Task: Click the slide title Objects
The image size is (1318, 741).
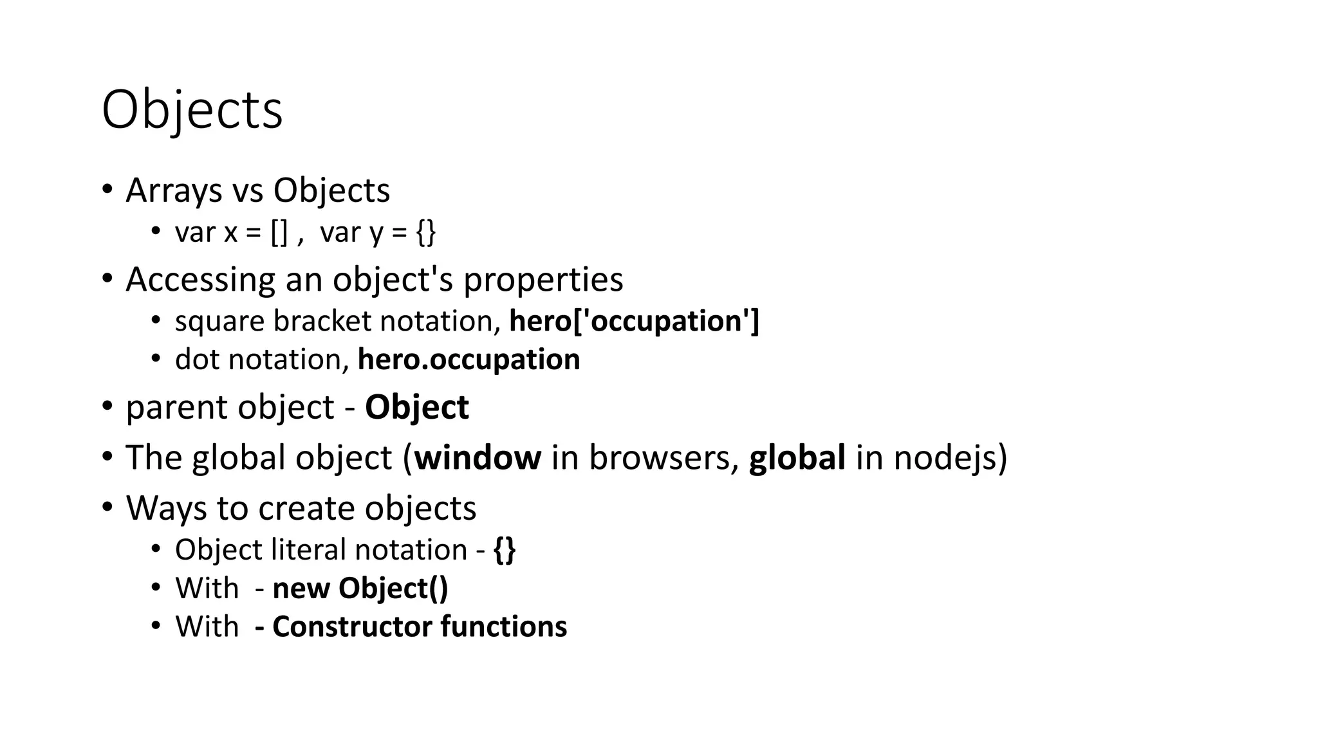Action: click(192, 111)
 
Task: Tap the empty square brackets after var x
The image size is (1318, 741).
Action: click(279, 232)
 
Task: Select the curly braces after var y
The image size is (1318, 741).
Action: click(426, 232)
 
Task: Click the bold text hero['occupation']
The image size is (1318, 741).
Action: click(634, 321)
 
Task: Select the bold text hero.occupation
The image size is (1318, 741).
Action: click(469, 359)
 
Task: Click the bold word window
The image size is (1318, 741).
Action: click(478, 457)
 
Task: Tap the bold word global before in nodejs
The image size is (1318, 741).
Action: click(797, 457)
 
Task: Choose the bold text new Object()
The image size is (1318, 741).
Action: click(360, 589)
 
